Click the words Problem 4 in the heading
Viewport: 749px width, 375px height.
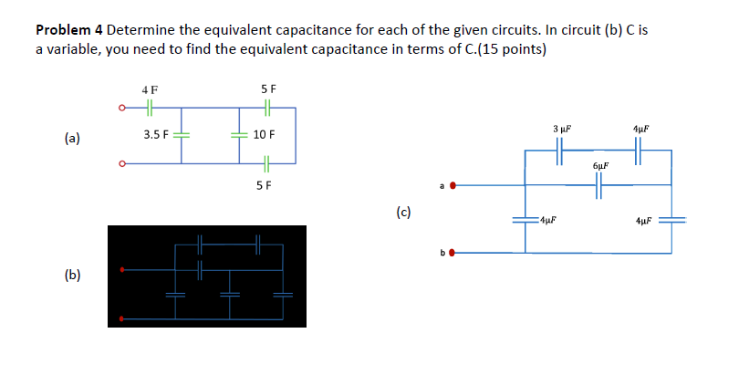(x=68, y=29)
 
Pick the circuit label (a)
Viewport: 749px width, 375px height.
(x=72, y=139)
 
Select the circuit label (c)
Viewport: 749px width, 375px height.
(x=403, y=214)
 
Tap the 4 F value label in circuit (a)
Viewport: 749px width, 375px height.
(x=150, y=90)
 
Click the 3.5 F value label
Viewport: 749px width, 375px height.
(x=156, y=135)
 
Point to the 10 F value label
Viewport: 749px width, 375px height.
(x=264, y=135)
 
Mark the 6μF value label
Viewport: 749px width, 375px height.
(x=599, y=167)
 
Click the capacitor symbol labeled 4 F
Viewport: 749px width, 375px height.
(x=150, y=108)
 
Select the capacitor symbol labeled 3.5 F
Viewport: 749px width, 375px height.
(x=180, y=135)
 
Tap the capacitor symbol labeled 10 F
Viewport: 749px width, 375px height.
(x=240, y=135)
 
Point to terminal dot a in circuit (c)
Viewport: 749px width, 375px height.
(x=452, y=186)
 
